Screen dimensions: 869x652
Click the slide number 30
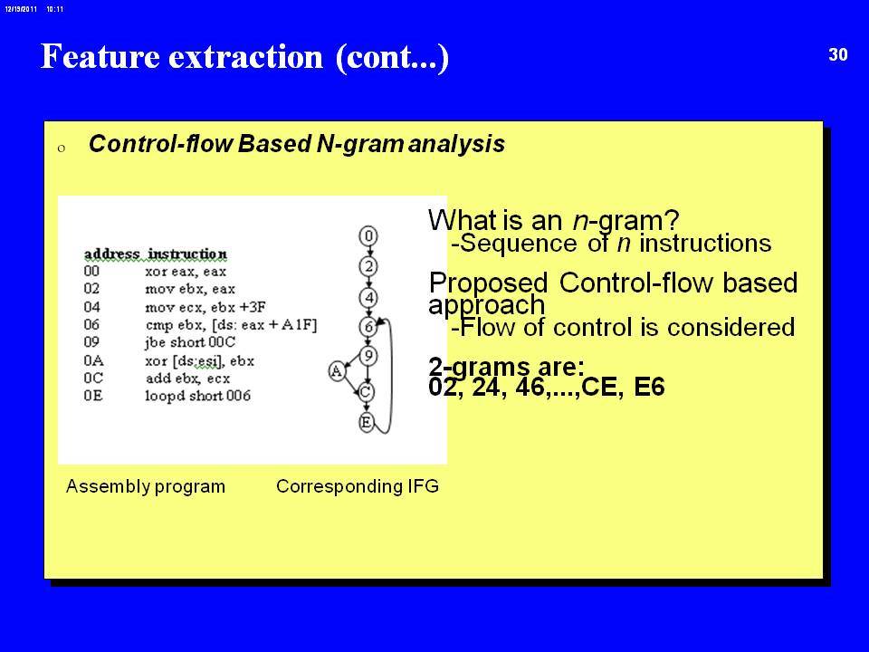(838, 54)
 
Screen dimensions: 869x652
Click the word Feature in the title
(100, 56)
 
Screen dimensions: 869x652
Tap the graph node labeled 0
(368, 236)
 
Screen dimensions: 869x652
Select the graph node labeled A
(337, 371)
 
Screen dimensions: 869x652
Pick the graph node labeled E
(366, 423)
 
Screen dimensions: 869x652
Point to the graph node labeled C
(365, 392)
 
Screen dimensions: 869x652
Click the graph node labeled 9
(368, 356)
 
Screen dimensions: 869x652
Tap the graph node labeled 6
(368, 327)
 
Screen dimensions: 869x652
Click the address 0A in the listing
(93, 361)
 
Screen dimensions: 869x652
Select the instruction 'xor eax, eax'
(186, 272)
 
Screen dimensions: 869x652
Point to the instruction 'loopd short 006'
(198, 396)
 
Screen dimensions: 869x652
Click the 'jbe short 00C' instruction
(191, 342)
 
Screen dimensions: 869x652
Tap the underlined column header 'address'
(112, 254)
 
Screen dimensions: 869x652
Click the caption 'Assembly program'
(146, 486)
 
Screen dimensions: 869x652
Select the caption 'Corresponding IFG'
(358, 486)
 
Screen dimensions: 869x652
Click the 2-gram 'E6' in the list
(649, 387)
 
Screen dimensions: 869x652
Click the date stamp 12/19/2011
(21, 9)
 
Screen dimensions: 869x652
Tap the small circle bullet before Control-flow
(62, 148)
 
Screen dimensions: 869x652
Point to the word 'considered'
(731, 327)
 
